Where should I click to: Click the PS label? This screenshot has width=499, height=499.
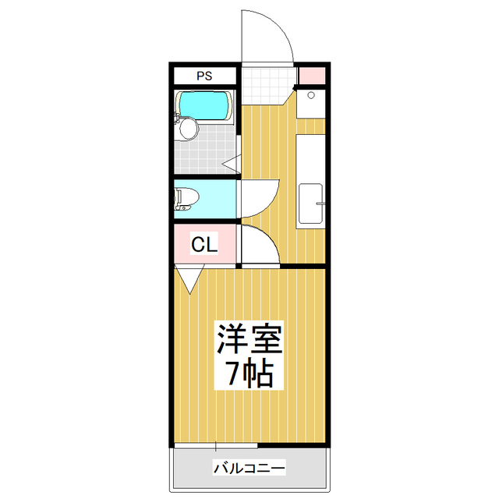[203, 76]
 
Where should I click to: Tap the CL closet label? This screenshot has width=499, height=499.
[204, 245]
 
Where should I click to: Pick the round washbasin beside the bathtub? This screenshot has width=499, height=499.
[187, 130]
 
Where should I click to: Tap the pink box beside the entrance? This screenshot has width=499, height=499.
[310, 76]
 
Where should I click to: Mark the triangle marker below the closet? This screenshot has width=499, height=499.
[189, 277]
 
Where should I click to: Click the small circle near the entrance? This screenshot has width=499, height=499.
[311, 95]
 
